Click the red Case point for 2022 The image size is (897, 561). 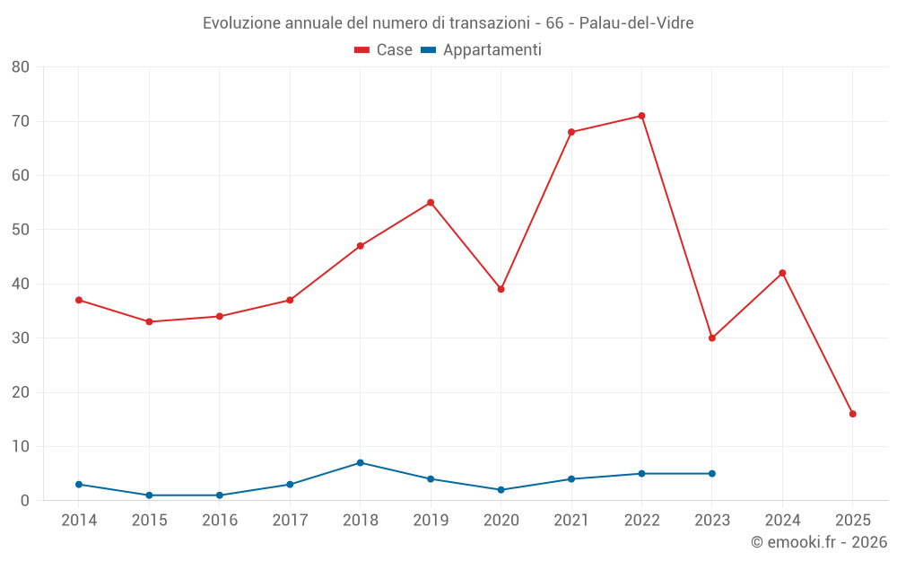click(x=641, y=116)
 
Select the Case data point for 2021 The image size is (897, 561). click(x=571, y=132)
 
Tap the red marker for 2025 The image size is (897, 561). click(x=852, y=414)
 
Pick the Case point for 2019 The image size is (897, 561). click(x=431, y=203)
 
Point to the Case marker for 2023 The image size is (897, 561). click(x=712, y=338)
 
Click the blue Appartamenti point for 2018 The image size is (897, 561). click(x=361, y=463)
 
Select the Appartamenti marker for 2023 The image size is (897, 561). click(x=712, y=474)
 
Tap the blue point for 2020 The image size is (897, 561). click(x=501, y=490)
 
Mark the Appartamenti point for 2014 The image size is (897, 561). click(x=79, y=485)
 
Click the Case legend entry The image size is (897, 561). click(x=384, y=50)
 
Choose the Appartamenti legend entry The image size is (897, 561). click(x=482, y=50)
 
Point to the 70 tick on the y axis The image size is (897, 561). click(x=21, y=121)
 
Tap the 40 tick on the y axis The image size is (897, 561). click(x=21, y=284)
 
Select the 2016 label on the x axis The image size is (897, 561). click(x=220, y=521)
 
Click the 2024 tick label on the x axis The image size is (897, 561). click(x=782, y=521)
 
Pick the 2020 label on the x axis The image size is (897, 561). click(x=501, y=521)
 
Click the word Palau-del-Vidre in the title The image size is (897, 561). click(x=636, y=22)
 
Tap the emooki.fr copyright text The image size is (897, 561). click(x=819, y=542)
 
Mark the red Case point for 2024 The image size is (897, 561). click(x=782, y=273)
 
